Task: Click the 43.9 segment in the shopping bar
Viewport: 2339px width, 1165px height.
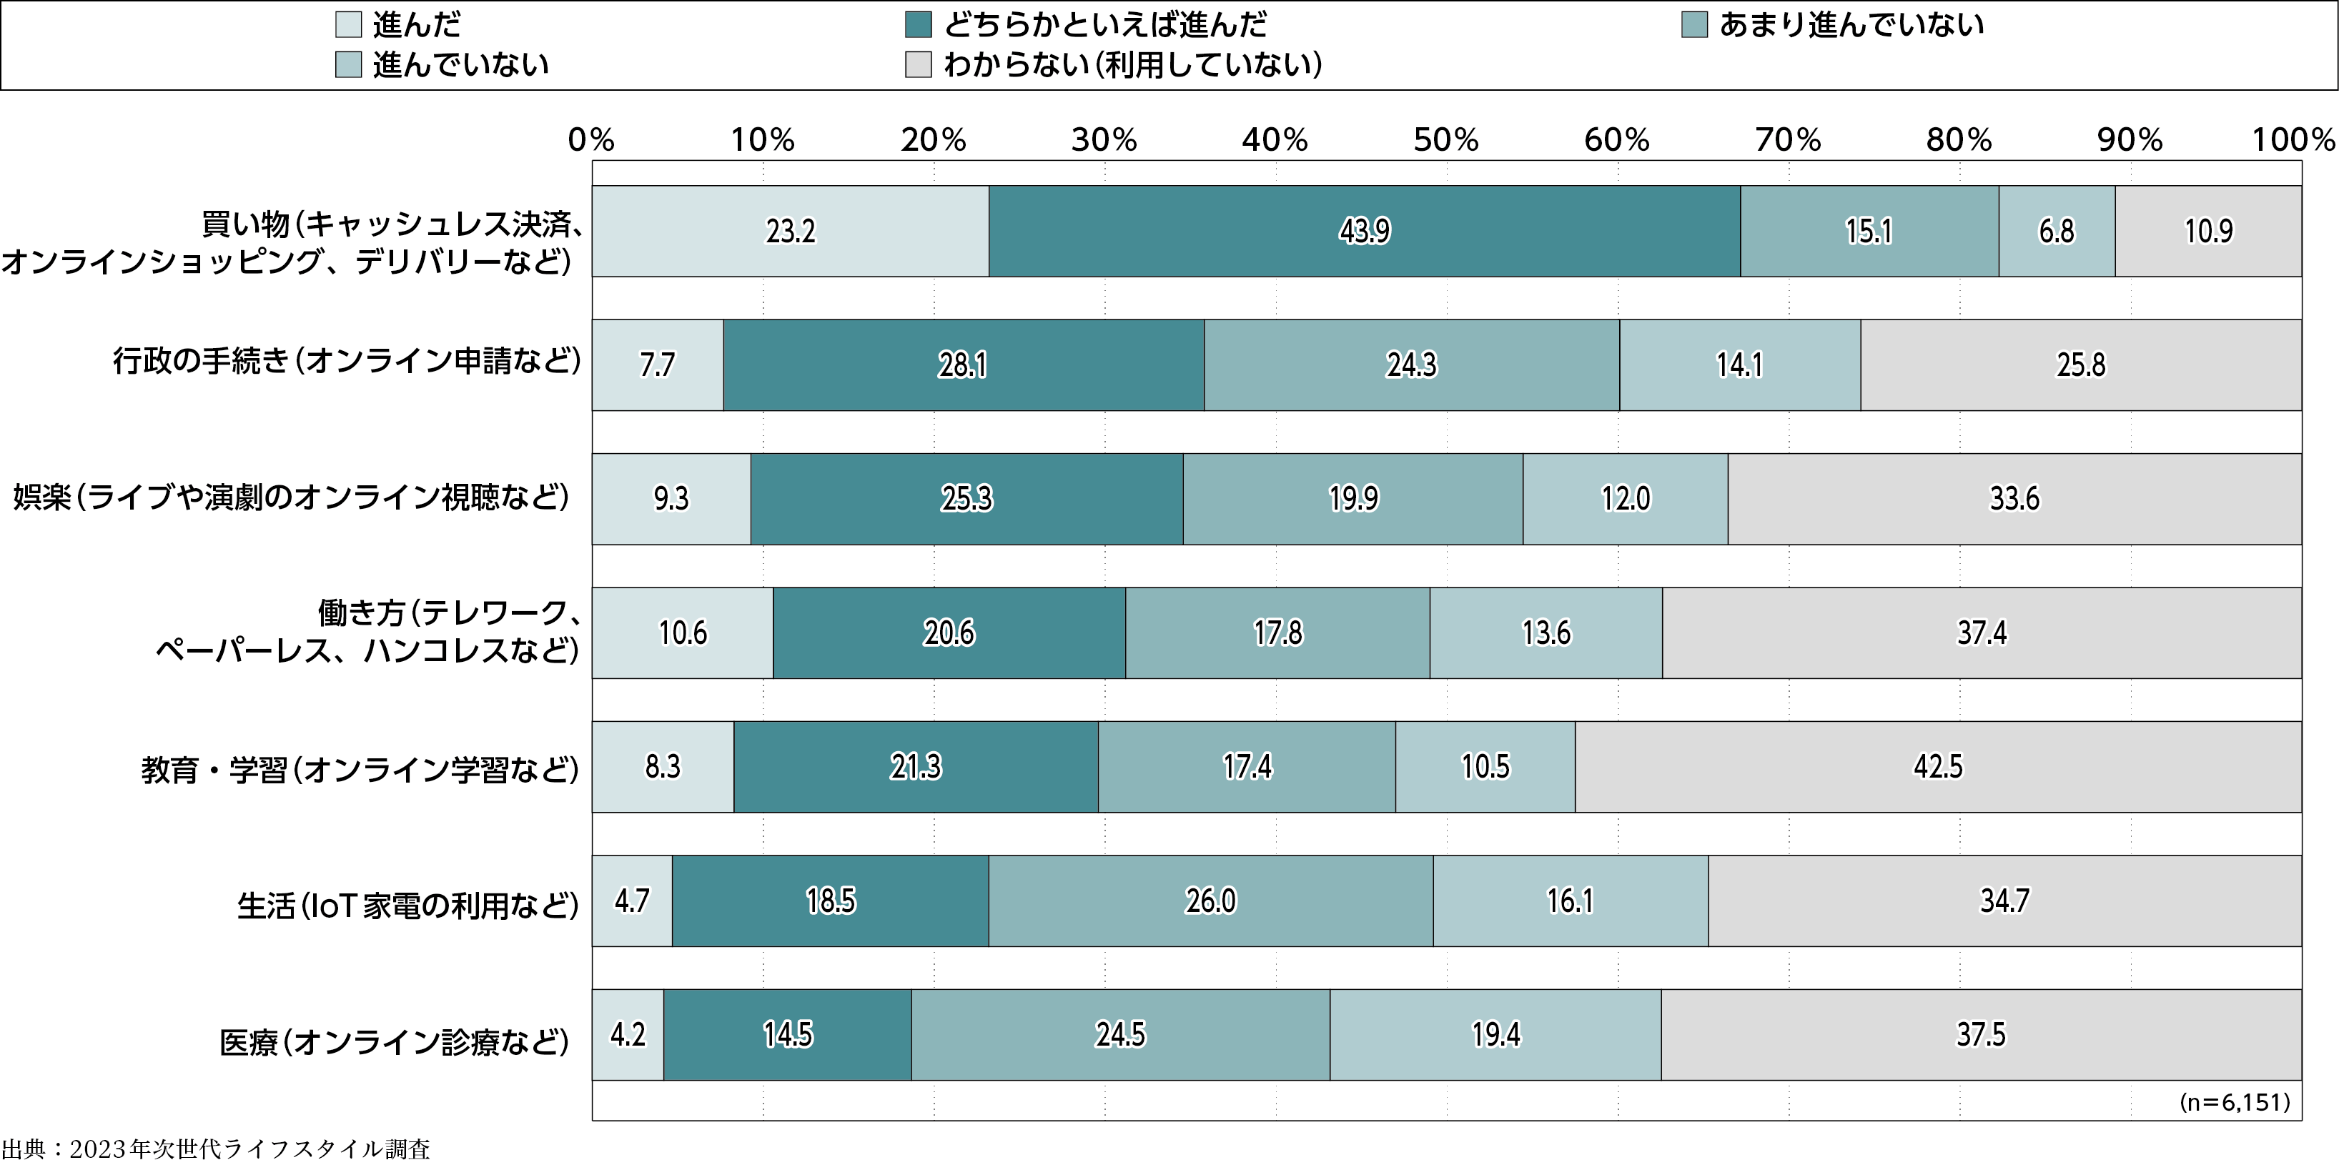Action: tap(1364, 232)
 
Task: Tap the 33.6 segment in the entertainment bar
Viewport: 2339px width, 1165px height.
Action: tap(2014, 498)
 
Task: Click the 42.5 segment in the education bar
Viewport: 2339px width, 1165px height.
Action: tap(1938, 766)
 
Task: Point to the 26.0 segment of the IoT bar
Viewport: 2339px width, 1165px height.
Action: tap(1210, 901)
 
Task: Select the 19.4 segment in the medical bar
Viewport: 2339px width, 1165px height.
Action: tap(1495, 1034)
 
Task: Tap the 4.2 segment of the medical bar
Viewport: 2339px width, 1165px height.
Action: tap(628, 1034)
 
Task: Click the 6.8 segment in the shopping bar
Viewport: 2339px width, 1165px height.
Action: tap(2056, 232)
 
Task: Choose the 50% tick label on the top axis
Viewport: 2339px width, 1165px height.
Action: tap(1445, 140)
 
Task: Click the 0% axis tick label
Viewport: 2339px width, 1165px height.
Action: tap(591, 140)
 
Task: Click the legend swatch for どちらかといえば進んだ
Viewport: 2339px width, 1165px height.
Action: tap(918, 24)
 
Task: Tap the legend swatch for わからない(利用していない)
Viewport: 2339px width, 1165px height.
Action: tap(918, 64)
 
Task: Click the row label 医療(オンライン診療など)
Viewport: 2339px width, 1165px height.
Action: tap(394, 1041)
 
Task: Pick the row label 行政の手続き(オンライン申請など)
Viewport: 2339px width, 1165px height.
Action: tap(346, 362)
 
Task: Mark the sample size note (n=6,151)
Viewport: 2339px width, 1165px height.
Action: tap(2235, 1102)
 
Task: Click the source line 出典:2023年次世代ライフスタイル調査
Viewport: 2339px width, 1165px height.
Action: tap(216, 1149)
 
